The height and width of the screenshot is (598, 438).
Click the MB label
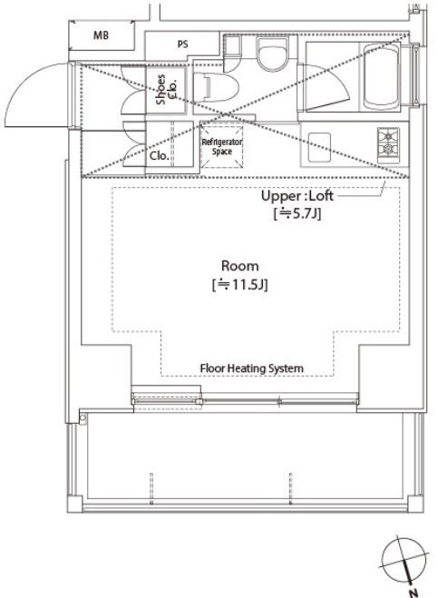(101, 35)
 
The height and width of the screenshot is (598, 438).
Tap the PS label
(182, 44)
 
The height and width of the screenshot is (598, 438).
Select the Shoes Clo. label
(166, 89)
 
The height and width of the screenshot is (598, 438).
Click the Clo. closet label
(160, 155)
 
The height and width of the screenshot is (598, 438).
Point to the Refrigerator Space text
(222, 146)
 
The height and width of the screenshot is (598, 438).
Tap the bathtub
(381, 76)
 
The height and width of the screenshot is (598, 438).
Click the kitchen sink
(319, 147)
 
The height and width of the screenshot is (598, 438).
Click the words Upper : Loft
(297, 196)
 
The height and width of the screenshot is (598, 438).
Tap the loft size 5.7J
(297, 213)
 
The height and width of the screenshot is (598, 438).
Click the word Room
(239, 266)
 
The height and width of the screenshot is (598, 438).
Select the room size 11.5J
(239, 285)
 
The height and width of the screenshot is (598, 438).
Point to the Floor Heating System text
(251, 368)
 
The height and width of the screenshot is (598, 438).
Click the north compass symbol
(404, 560)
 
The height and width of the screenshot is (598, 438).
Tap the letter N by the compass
(414, 593)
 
